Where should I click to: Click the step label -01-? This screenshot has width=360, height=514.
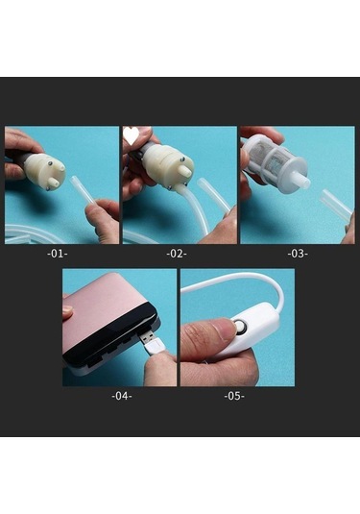(x=58, y=254)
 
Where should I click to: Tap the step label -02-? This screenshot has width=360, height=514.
(x=177, y=254)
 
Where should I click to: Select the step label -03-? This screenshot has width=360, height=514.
(x=298, y=254)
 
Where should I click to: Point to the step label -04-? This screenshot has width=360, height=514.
(x=122, y=396)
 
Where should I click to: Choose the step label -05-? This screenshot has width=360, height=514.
(x=234, y=396)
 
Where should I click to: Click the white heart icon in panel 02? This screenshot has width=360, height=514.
(x=131, y=135)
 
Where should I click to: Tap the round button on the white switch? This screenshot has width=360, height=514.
(x=240, y=327)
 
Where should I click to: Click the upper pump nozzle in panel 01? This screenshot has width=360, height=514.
(x=60, y=168)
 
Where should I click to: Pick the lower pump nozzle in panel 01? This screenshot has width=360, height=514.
(x=54, y=183)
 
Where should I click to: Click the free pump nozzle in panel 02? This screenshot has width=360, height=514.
(x=184, y=170)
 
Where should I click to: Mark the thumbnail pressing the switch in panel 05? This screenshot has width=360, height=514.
(x=225, y=329)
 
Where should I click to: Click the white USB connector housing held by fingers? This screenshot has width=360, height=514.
(x=156, y=347)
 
